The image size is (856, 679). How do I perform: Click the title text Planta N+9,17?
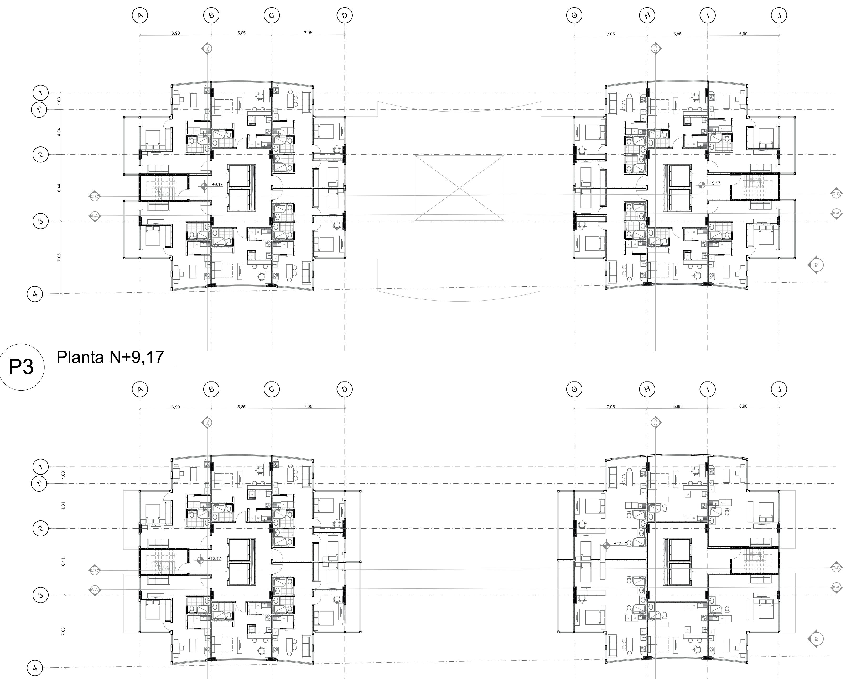[x=110, y=357]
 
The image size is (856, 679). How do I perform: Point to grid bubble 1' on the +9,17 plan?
[x=39, y=110]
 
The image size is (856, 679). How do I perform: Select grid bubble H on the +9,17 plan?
[x=647, y=16]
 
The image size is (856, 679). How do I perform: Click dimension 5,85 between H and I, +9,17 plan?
[x=677, y=34]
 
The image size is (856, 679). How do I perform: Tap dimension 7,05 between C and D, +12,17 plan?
[x=308, y=406]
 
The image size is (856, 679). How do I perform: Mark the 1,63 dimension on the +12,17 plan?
[x=63, y=475]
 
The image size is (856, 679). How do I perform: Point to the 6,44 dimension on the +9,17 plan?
[x=59, y=188]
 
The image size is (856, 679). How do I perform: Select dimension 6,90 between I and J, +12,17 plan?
[x=743, y=406]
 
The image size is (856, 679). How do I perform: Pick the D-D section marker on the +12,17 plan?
[x=656, y=423]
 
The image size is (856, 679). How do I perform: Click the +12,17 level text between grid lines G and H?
[x=620, y=543]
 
